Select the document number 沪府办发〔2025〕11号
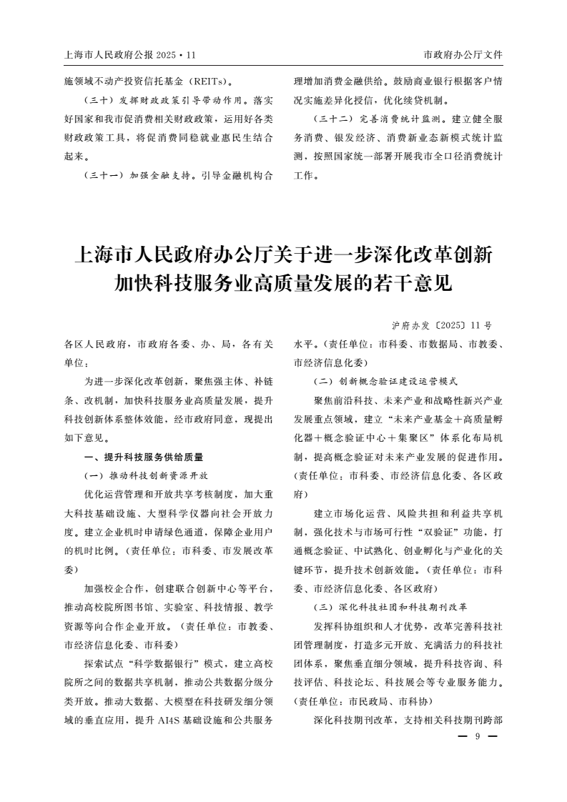coord(443,325)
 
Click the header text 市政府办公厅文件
coord(463,54)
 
